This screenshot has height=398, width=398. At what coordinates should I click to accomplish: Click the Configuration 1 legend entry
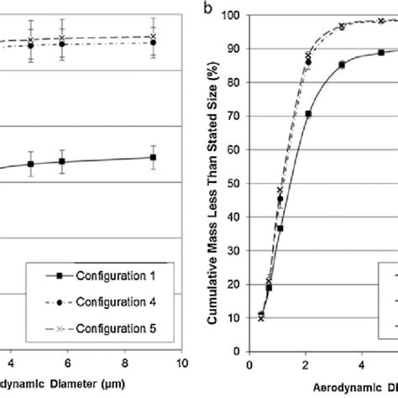tap(107, 274)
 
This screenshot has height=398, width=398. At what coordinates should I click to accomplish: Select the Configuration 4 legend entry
tap(107, 301)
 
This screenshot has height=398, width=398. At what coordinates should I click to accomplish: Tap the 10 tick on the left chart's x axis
tap(181, 364)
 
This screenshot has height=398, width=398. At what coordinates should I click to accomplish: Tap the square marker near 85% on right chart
tap(342, 65)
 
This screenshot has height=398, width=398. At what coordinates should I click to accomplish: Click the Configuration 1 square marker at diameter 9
tap(153, 157)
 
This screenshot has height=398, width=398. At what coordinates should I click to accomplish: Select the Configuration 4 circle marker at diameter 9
tap(153, 41)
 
